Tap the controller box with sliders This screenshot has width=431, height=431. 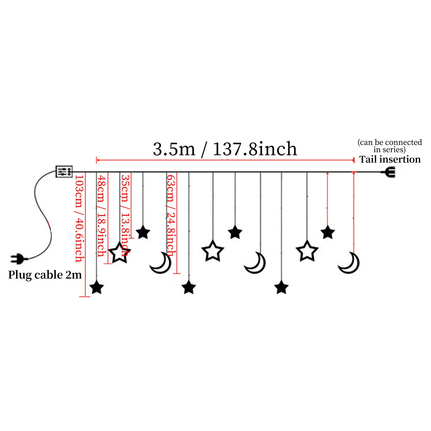[64, 172]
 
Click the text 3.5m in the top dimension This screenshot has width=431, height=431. [174, 149]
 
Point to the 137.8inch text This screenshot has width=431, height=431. [255, 149]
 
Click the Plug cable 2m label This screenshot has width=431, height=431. [45, 275]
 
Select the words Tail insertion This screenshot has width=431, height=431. [390, 159]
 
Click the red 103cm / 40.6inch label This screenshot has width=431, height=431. [79, 218]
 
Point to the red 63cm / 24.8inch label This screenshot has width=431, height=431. [171, 215]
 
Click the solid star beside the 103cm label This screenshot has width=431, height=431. [96, 287]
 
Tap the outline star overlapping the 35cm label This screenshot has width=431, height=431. [119, 252]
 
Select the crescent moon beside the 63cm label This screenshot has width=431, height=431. [161, 263]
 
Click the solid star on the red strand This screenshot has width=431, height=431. [328, 232]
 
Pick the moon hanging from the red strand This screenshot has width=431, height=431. [349, 263]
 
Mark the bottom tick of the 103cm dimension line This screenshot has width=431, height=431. [85, 297]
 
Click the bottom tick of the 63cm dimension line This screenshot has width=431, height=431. [177, 273]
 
